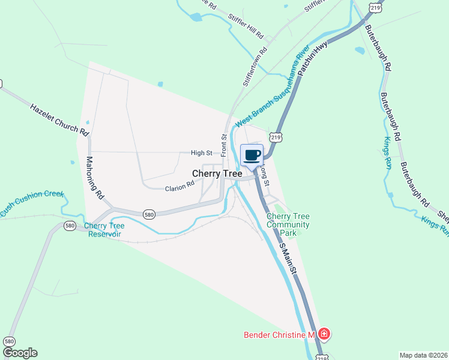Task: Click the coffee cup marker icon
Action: coord(252,155)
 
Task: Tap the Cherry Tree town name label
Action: coord(217,173)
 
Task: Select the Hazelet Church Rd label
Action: coord(59,118)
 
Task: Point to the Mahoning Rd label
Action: coord(95,178)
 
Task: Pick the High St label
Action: coord(202,153)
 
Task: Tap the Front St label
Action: coord(224,145)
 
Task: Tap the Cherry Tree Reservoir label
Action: coord(104,230)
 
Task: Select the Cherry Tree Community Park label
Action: coord(288,224)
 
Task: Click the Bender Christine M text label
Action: coord(279,334)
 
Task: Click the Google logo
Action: coord(20,353)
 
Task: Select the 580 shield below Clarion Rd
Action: coord(150,214)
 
